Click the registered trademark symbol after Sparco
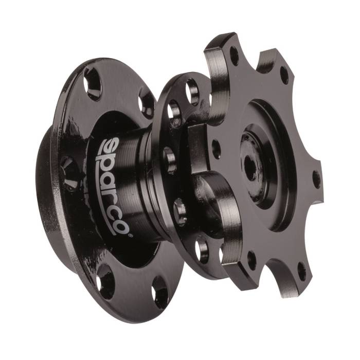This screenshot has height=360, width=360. (131, 236)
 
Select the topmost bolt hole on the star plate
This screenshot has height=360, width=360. (233, 56)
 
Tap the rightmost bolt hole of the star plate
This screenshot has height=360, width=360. (316, 178)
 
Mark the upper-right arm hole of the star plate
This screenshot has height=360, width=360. (284, 75)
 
